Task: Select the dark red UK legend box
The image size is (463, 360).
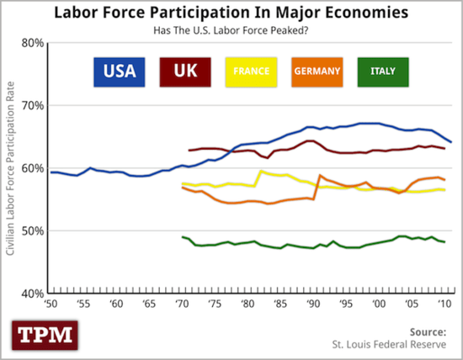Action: coord(185,70)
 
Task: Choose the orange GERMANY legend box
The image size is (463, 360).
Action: coord(318,70)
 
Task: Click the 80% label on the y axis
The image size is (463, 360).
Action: coord(31,43)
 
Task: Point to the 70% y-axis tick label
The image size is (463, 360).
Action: coord(31,105)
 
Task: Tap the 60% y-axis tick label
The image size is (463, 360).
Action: coord(31,168)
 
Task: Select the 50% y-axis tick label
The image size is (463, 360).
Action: coord(31,230)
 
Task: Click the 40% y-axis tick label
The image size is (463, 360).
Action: coord(31,293)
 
